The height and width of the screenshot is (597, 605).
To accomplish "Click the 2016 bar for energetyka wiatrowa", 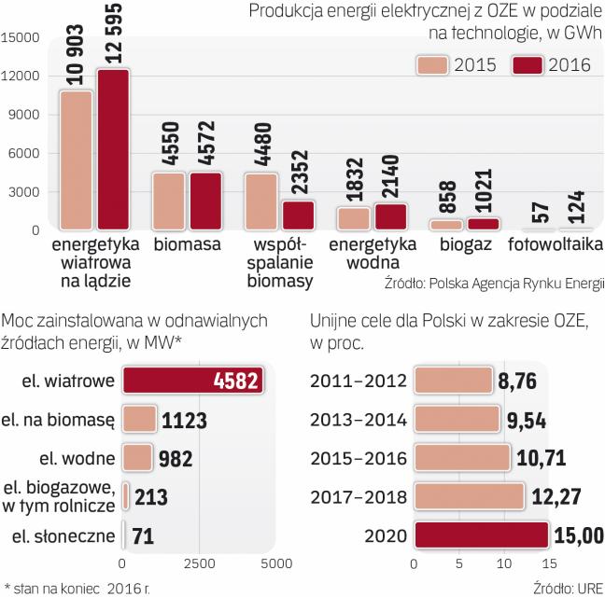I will point(113,150).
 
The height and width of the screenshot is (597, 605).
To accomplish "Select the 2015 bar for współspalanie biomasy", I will point(261,201).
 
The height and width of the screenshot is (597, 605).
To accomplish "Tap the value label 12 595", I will point(114,35).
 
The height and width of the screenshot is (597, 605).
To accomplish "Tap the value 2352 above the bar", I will point(299,169).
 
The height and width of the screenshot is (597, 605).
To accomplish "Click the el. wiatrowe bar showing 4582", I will point(194,382).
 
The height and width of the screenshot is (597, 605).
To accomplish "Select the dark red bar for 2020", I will point(481,536).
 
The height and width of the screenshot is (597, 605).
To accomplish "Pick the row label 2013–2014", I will point(359,419).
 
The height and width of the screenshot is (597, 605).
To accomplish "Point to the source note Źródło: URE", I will point(569,588).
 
